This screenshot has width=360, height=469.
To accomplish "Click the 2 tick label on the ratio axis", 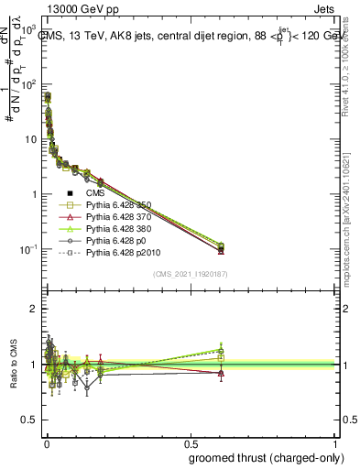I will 34,309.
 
